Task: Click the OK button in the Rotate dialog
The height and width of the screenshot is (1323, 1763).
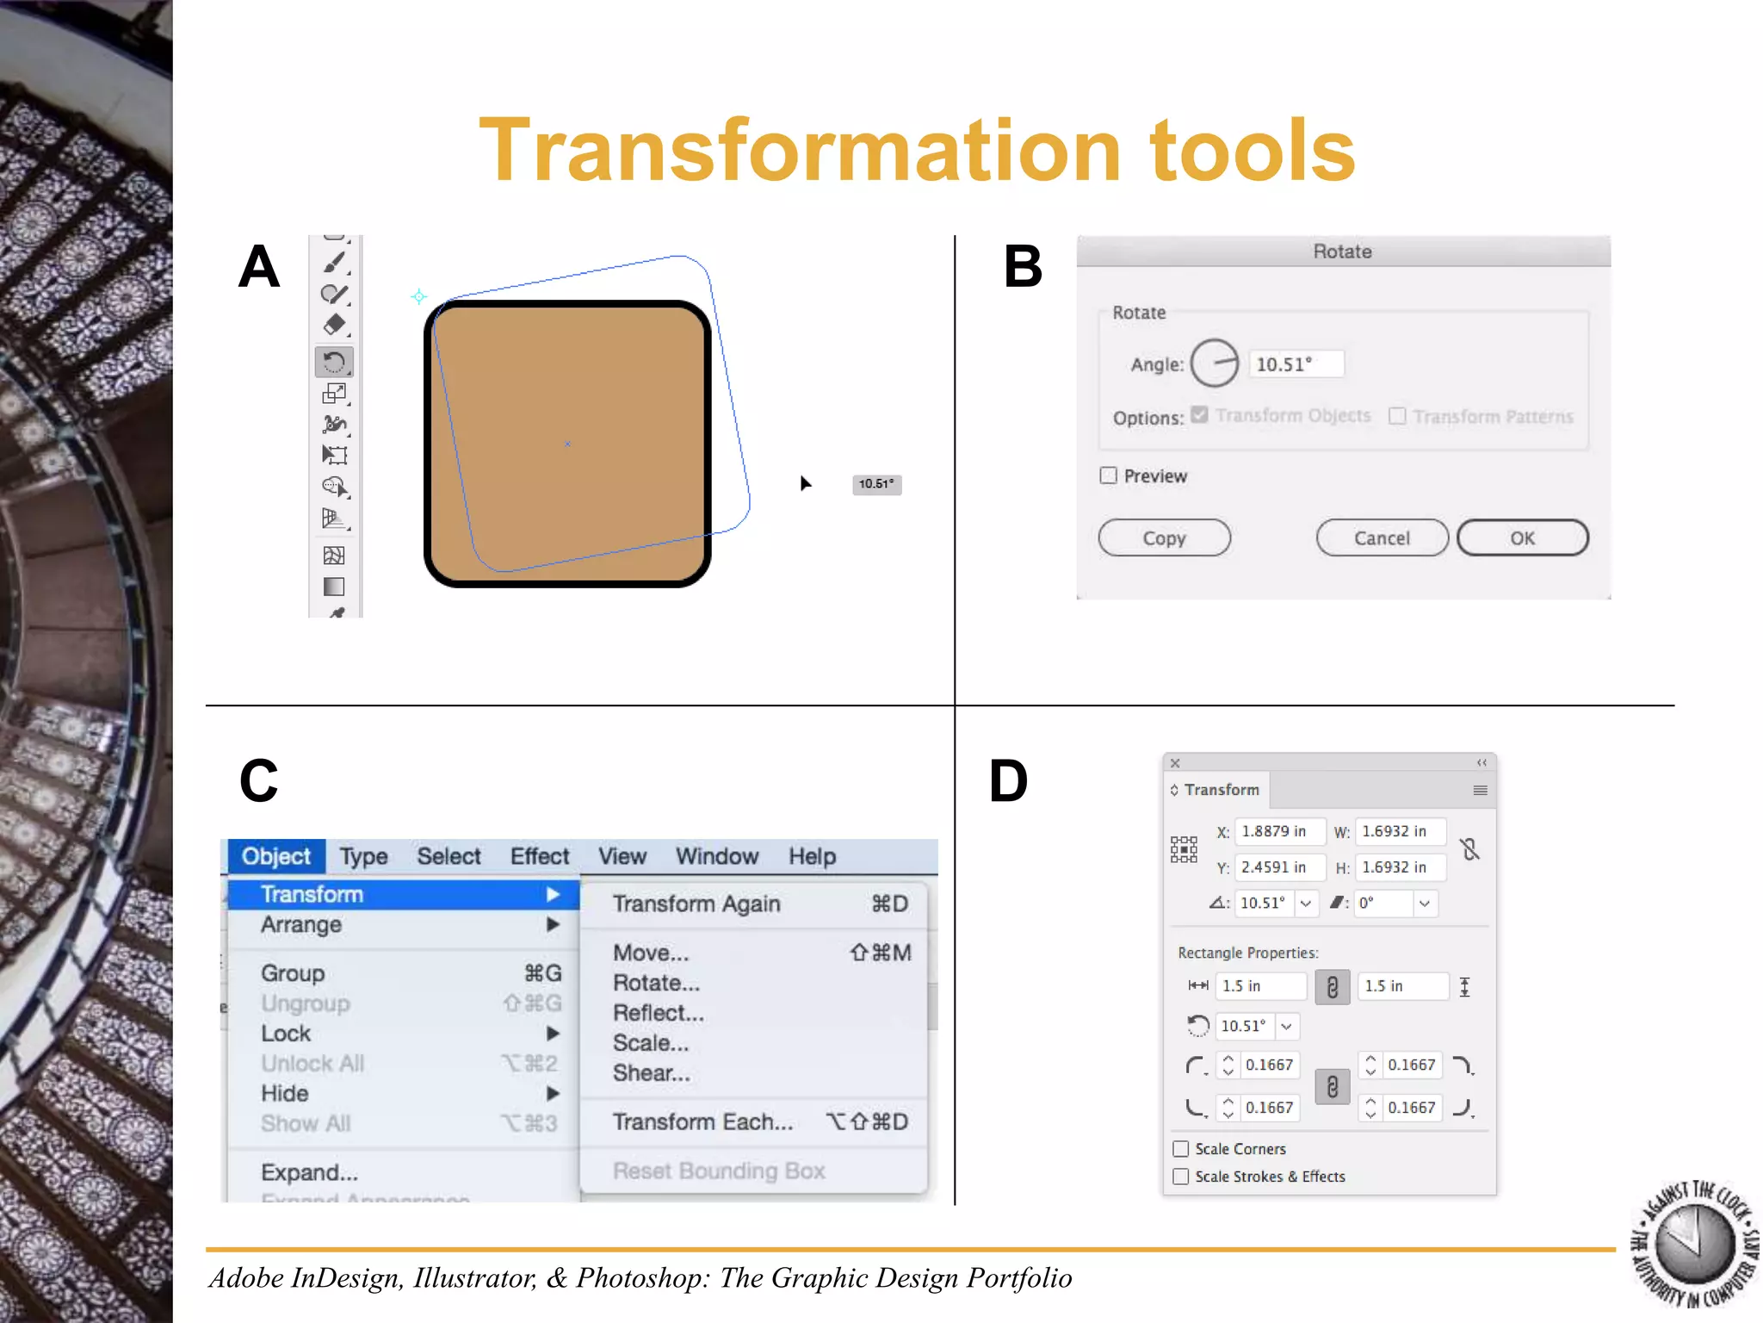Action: coord(1521,538)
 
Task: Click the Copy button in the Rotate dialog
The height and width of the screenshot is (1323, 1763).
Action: coord(1164,538)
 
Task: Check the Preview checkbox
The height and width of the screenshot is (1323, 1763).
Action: coord(1109,475)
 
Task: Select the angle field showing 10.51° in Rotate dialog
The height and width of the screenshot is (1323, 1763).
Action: coord(1296,364)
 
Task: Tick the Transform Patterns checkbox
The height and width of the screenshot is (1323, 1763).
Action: coord(1397,416)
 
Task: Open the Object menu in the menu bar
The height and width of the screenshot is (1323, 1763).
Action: coord(275,856)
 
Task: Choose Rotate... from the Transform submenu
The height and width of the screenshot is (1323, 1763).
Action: coord(656,983)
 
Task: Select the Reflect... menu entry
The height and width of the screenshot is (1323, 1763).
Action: coord(658,1013)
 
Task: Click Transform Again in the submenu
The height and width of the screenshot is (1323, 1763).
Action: coord(696,904)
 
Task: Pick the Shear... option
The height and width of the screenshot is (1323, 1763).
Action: coord(651,1073)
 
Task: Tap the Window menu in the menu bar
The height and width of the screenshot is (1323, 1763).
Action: coord(716,856)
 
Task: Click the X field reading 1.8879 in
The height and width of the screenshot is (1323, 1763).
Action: coord(1278,831)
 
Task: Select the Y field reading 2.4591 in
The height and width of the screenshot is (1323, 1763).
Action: coord(1278,867)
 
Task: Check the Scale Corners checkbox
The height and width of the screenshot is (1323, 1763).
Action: coord(1181,1149)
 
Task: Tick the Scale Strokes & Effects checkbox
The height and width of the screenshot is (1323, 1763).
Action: coord(1181,1177)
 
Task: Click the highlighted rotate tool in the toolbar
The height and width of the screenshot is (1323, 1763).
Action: coord(334,362)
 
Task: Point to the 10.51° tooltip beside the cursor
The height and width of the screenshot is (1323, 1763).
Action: coord(876,484)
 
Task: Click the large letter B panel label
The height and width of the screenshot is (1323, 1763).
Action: coord(1023,267)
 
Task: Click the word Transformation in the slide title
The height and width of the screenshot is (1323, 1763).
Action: coord(800,151)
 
